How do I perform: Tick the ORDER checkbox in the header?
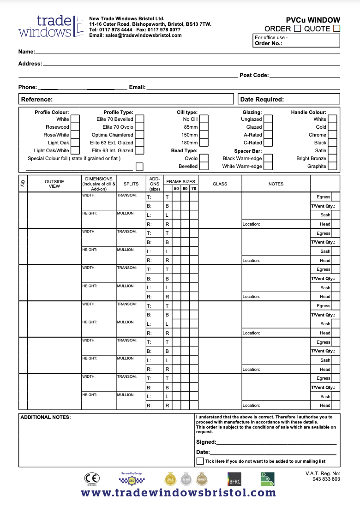298,29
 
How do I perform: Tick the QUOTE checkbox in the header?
336,29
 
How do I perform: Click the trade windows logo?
46,26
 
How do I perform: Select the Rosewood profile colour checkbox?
75,127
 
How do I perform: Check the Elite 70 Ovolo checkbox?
139,127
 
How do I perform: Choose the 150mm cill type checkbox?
204,135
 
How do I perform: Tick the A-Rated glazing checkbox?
268,135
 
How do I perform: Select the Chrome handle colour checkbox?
332,135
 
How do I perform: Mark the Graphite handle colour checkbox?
332,166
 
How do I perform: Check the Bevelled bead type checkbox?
204,166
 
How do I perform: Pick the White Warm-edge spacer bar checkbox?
268,166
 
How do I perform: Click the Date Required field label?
262,99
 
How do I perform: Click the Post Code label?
254,75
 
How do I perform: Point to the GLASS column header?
220,184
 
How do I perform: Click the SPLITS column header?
131,184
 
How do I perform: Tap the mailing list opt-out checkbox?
200,461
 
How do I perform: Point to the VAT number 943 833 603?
326,479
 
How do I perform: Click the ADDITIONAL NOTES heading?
45,418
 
